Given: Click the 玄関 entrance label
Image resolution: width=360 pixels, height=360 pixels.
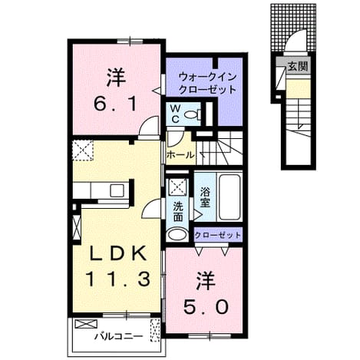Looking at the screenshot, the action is tap(298, 67).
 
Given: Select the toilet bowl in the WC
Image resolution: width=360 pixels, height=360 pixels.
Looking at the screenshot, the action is tap(193, 114).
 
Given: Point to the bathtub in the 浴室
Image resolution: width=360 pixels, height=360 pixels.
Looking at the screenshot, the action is tap(230, 197).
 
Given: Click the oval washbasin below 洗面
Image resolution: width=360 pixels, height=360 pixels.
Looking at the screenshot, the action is tap(177, 234).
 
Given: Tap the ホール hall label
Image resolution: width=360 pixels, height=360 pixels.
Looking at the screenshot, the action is tap(180, 154).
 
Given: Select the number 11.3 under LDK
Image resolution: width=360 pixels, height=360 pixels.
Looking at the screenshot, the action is tap(118, 279).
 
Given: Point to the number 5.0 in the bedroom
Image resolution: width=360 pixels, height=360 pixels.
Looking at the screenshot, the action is tap(206, 307).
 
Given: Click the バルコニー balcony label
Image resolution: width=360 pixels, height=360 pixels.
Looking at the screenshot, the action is tap(118, 336).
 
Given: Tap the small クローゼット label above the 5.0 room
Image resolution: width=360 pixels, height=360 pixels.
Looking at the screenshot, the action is tap(218, 235).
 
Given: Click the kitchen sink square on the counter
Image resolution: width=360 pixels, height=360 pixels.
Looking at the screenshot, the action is tap(117, 190).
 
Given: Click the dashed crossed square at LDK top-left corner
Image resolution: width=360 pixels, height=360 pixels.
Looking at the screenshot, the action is tap(83, 150).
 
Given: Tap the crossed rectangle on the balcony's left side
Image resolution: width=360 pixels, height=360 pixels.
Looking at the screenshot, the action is tap(86, 324).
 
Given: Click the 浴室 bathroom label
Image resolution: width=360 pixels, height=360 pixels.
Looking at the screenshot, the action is tap(205, 197).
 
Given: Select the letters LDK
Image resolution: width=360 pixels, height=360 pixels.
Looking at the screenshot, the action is tap(118, 254).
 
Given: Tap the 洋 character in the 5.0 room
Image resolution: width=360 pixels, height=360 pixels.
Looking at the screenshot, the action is tap(206, 281).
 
